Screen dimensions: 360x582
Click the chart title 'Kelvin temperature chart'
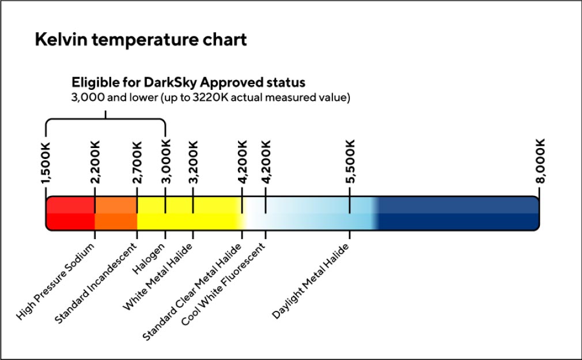coord(141,40)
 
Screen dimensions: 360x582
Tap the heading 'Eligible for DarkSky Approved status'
coord(188,82)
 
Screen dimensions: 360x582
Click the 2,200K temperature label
coord(95,164)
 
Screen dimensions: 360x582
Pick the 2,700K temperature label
coord(137,164)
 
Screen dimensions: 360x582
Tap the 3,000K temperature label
coord(165,164)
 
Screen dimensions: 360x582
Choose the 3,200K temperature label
coord(193,164)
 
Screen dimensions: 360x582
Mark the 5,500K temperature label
coord(350,161)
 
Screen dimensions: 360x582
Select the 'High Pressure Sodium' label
coord(56,282)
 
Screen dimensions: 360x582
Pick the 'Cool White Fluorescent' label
coord(224,283)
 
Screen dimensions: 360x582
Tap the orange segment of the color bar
coord(116,213)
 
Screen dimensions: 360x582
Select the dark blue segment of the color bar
coord(458,213)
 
